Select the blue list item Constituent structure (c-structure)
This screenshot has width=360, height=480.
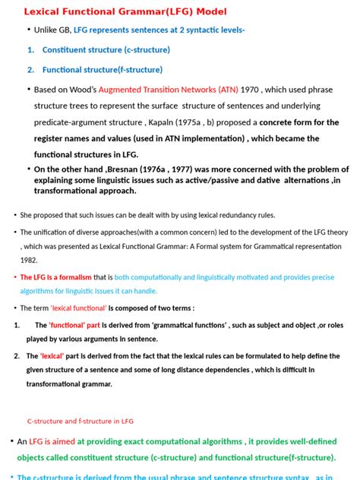(106, 49)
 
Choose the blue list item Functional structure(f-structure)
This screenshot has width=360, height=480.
(102, 69)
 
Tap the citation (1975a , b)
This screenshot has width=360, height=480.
(211, 122)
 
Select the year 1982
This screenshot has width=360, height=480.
(29, 258)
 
